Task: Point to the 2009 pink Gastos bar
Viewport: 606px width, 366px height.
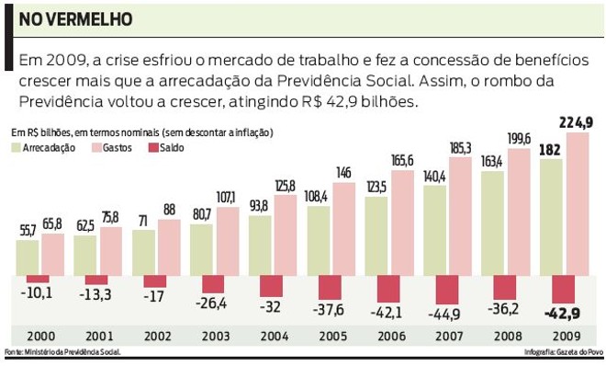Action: tap(578, 203)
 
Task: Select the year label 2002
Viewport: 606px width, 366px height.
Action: tap(155, 337)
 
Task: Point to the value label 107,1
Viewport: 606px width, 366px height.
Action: tap(226, 198)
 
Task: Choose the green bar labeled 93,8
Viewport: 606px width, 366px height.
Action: tap(260, 244)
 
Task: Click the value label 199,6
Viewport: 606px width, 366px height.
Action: tap(519, 139)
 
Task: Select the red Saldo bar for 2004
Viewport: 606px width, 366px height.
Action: tap(273, 285)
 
